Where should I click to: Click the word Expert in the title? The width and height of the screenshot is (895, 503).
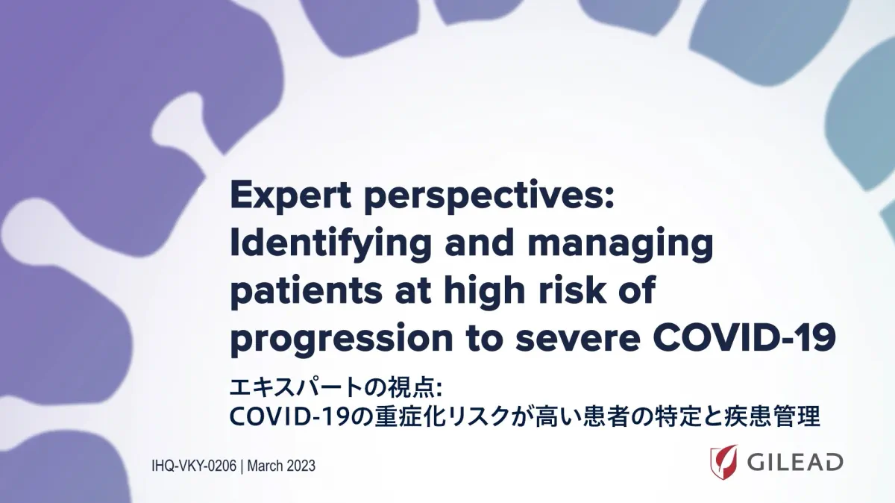point(291,197)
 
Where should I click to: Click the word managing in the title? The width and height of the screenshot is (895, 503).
point(620,245)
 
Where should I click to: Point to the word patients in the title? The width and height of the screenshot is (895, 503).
point(307,291)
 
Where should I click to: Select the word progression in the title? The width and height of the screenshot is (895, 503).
point(342,338)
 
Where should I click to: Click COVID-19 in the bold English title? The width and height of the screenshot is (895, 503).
point(744,337)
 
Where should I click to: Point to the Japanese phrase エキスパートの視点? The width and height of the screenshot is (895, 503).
point(336,388)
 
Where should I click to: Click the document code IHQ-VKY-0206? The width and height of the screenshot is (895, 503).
point(194,466)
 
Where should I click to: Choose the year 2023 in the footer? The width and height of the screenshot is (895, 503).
point(301,466)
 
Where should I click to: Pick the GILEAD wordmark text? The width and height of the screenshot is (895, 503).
point(795,462)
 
